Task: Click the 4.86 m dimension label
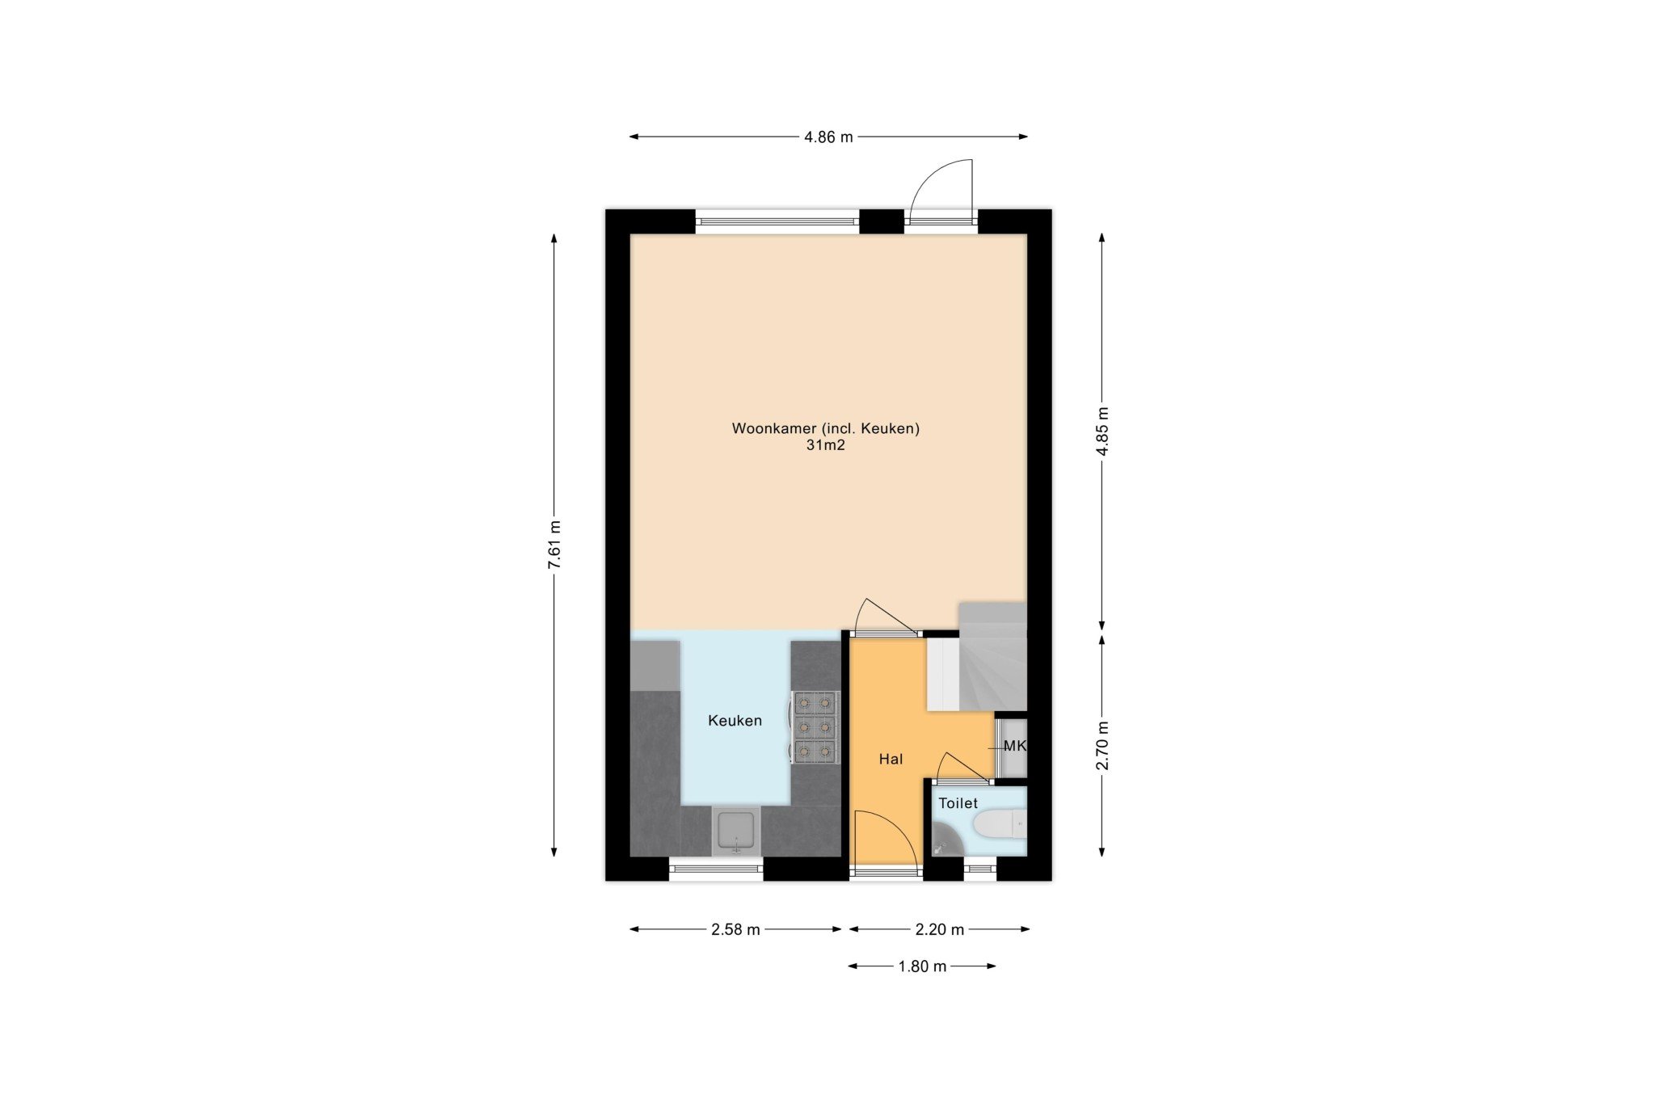tap(828, 137)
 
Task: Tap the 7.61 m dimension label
tap(554, 545)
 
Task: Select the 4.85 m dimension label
tap(1102, 432)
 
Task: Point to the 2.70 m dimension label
tap(1102, 745)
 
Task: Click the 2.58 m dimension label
tap(735, 930)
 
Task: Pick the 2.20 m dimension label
tap(940, 930)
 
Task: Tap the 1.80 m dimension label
tap(922, 967)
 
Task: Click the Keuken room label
tap(735, 721)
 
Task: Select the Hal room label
tap(891, 760)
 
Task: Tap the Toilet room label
tap(958, 803)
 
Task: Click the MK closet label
tap(1014, 746)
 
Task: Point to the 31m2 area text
tap(825, 445)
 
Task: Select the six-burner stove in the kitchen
tap(815, 727)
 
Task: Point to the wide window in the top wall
tap(777, 221)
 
